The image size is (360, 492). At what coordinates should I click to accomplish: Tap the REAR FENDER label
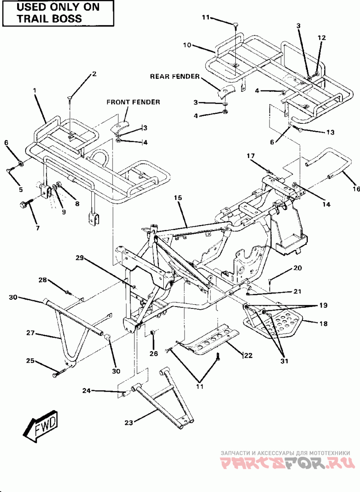click(175, 77)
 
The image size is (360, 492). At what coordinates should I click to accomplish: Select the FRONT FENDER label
click(133, 102)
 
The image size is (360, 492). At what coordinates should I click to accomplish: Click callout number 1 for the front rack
click(34, 90)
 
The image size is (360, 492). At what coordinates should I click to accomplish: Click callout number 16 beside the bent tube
click(356, 189)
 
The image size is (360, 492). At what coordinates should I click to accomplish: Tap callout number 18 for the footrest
click(323, 323)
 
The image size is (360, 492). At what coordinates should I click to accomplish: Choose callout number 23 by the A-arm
click(129, 422)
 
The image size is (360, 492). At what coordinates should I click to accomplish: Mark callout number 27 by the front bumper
click(30, 334)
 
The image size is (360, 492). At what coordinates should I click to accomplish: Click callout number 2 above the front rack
click(94, 73)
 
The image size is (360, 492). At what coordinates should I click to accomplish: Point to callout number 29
click(79, 258)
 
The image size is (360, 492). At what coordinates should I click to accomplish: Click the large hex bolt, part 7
click(24, 205)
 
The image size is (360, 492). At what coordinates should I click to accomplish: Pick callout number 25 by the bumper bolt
click(30, 361)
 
